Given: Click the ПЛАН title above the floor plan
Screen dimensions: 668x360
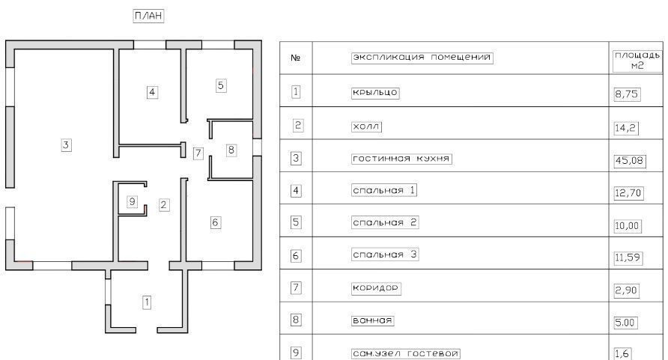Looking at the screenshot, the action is click(x=148, y=16).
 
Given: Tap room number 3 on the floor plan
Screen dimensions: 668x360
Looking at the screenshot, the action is click(x=66, y=145).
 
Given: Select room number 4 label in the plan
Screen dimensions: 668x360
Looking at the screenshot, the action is click(x=152, y=92).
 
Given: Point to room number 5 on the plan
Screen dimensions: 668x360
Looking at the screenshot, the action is click(x=220, y=85).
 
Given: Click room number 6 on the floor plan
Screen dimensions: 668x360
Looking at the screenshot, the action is click(x=215, y=222).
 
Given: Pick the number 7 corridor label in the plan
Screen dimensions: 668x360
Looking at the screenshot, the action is click(x=198, y=153).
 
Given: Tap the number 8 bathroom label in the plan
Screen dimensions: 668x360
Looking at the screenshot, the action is click(x=231, y=150).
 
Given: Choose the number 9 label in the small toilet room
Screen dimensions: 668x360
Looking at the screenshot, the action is click(x=133, y=201).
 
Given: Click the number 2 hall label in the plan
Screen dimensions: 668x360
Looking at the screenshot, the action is click(x=164, y=204).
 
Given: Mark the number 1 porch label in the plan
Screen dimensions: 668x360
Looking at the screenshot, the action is click(x=148, y=302).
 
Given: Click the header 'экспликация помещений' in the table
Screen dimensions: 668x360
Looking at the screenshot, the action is click(x=422, y=58).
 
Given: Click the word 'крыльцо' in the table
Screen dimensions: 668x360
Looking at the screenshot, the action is click(x=375, y=93).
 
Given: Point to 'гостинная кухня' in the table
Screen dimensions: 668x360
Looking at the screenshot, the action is click(x=402, y=159).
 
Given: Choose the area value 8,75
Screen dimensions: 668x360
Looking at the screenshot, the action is click(x=626, y=95).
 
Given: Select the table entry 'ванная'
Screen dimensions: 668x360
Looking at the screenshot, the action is click(x=372, y=321).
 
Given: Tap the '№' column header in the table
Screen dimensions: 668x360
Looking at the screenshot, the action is click(x=295, y=58).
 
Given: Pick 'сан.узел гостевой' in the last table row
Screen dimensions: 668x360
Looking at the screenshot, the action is click(x=405, y=353).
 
